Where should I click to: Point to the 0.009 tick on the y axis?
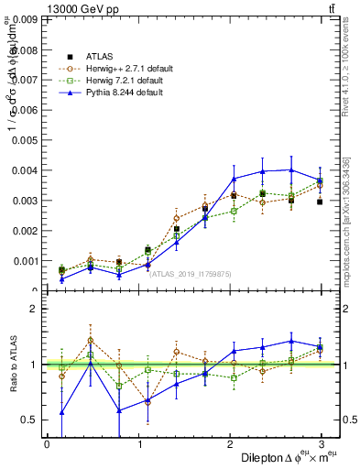coord(25,18)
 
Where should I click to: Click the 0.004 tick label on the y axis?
coord(25,169)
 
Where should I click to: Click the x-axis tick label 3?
coord(322,443)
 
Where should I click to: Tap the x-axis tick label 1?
coord(138,443)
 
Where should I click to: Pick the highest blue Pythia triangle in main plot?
coord(292,169)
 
